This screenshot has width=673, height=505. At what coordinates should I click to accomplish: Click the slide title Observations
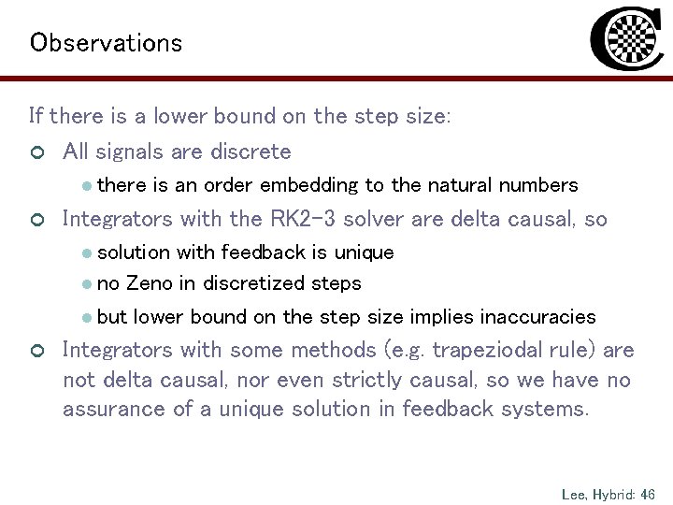point(106,43)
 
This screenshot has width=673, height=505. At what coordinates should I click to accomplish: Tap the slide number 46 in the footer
point(647,492)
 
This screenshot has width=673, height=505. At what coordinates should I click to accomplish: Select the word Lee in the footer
point(574,492)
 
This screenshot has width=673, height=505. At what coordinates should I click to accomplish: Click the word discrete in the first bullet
point(254,151)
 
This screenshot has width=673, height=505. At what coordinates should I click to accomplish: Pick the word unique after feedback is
point(364,252)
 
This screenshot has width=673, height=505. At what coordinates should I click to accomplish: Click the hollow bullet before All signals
point(36,152)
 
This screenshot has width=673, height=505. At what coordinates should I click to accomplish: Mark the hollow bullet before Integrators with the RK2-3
point(36,221)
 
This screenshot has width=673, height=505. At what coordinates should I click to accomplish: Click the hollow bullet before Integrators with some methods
point(36,352)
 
